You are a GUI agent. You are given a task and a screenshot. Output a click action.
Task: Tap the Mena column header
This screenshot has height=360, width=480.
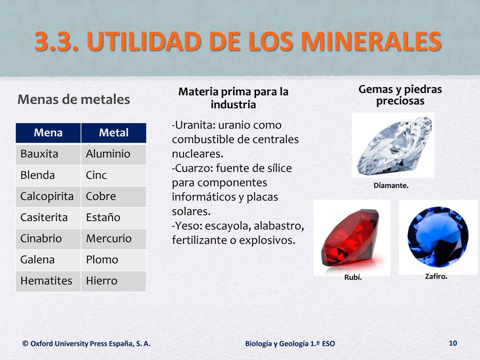click(48, 133)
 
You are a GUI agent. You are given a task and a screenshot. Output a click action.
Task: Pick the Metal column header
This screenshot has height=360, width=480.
click(114, 133)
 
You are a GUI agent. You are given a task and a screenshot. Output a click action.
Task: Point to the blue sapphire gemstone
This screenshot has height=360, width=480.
click(438, 237)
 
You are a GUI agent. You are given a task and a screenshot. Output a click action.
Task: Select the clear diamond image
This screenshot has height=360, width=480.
click(393, 146)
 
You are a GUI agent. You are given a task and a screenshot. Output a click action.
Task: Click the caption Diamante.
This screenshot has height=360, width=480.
click(391, 186)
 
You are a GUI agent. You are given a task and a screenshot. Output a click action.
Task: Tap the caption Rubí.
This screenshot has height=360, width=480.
click(353, 277)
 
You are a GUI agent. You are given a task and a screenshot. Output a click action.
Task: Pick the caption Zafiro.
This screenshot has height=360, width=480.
click(436, 276)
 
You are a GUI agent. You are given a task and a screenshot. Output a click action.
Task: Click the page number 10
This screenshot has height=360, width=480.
click(453, 343)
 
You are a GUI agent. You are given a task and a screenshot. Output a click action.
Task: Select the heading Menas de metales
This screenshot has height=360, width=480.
click(74, 99)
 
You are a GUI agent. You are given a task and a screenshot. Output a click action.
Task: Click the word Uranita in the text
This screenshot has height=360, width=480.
click(195, 125)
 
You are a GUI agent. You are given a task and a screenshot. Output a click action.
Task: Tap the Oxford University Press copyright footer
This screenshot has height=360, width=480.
click(86, 344)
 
